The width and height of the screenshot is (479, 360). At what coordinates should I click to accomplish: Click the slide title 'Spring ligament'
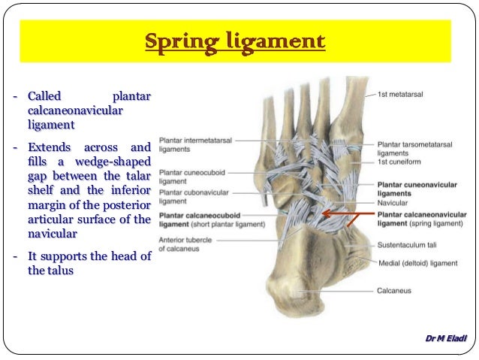coord(235,41)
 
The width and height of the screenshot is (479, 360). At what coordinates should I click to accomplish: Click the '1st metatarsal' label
coord(397,95)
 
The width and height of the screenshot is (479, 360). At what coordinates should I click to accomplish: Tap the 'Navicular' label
coord(393,203)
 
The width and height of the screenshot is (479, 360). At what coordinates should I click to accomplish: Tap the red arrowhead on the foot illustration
coord(324,214)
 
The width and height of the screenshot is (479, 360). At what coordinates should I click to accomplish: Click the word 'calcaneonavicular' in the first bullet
coord(75,110)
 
